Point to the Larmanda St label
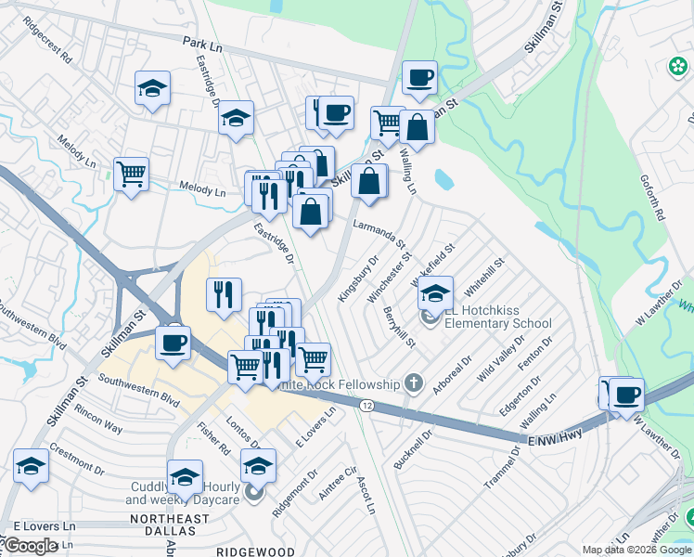(x=380, y=233)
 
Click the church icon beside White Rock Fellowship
(x=414, y=383)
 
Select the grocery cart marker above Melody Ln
(x=131, y=173)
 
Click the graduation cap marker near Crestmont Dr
(x=31, y=466)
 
